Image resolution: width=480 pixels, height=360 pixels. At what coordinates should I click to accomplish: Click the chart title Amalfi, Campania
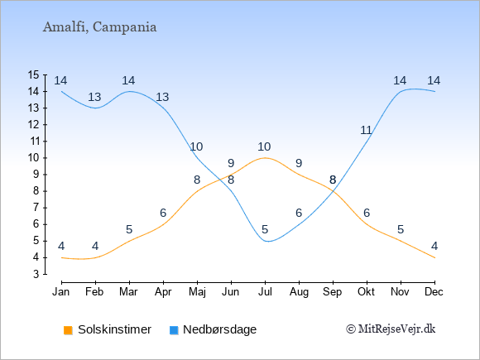pyautogui.click(x=100, y=27)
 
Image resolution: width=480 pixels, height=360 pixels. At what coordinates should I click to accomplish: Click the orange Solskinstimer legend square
pyautogui.click(x=68, y=330)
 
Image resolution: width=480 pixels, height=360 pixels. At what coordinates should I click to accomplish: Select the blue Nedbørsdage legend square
pyautogui.click(x=174, y=330)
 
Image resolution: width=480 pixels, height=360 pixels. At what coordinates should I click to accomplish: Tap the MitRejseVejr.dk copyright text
pyautogui.click(x=391, y=329)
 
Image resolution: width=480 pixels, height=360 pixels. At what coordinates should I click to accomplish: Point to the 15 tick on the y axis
pyautogui.click(x=33, y=74)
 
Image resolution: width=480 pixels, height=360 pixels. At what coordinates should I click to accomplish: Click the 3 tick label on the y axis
pyautogui.click(x=36, y=274)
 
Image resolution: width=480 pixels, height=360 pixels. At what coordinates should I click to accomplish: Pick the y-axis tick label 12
pyautogui.click(x=33, y=125)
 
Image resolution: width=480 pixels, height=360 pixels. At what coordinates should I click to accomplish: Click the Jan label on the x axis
pyautogui.click(x=61, y=292)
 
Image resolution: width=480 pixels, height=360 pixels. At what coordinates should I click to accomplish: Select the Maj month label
pyautogui.click(x=197, y=292)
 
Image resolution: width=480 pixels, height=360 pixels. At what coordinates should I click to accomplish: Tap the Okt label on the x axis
pyautogui.click(x=366, y=292)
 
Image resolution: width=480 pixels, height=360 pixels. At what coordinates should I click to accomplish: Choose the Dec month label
pyautogui.click(x=434, y=292)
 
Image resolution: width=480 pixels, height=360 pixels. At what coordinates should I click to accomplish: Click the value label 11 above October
pyautogui.click(x=366, y=131)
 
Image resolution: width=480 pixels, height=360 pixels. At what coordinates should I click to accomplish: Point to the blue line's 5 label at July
pyautogui.click(x=265, y=229)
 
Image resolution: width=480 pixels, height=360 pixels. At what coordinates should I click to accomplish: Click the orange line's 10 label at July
pyautogui.click(x=264, y=147)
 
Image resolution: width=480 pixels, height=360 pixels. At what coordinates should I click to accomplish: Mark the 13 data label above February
pyautogui.click(x=94, y=97)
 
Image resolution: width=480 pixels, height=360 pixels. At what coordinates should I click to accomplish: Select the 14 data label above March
pyautogui.click(x=128, y=80)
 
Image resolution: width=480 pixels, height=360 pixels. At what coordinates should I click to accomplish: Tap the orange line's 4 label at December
pyautogui.click(x=434, y=246)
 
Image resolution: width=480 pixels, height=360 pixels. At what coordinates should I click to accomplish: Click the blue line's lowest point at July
pyautogui.click(x=267, y=241)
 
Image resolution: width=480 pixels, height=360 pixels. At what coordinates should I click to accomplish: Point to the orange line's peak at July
pyautogui.click(x=265, y=157)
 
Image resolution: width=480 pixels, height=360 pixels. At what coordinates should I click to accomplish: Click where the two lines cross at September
pyautogui.click(x=334, y=192)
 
